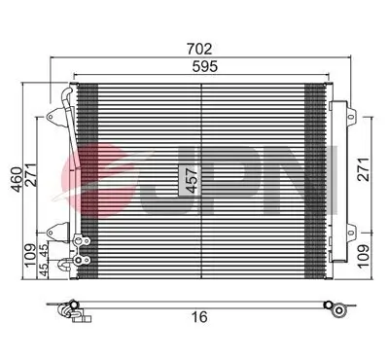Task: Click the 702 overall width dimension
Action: click(x=201, y=46)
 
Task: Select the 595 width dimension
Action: click(x=201, y=67)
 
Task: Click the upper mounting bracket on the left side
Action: click(x=65, y=100)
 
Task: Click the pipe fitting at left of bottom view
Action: click(x=70, y=310)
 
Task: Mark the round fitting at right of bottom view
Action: click(x=336, y=311)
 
